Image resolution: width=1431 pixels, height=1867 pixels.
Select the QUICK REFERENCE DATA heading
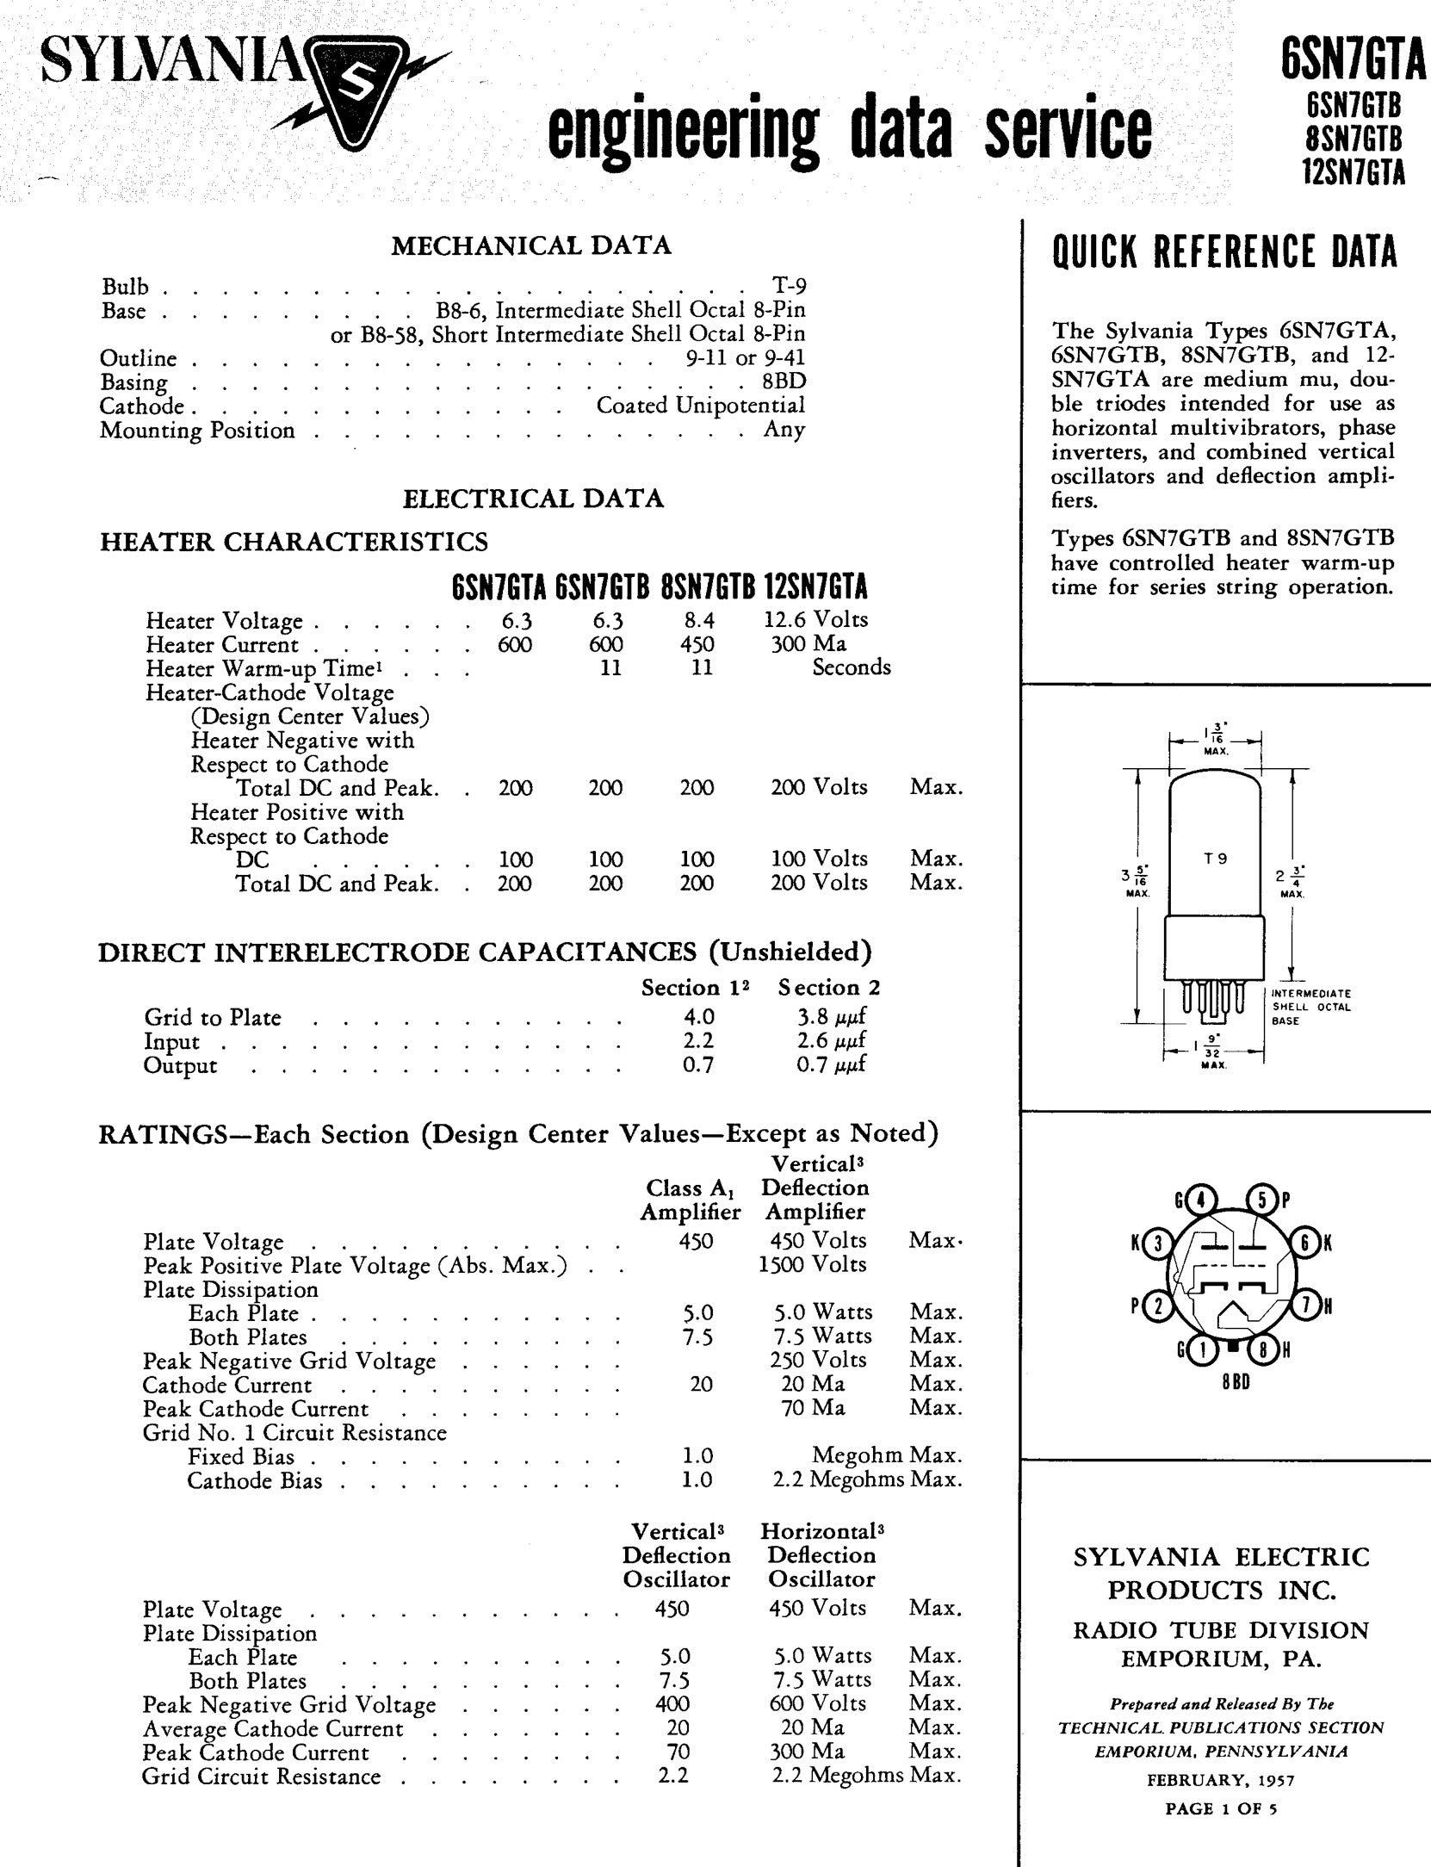[1224, 252]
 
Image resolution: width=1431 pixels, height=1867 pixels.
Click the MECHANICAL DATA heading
[531, 246]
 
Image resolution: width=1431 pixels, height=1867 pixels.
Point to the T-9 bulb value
[790, 286]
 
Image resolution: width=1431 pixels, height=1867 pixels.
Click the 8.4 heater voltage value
[697, 620]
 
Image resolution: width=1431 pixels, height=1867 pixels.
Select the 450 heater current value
[697, 644]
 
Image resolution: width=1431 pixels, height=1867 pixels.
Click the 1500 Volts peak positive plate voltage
[812, 1264]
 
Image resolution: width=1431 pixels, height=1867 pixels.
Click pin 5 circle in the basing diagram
[1261, 1200]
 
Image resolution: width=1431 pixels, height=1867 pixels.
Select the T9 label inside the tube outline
[1215, 858]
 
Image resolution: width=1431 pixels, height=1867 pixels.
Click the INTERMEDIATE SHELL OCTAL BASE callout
[1310, 1007]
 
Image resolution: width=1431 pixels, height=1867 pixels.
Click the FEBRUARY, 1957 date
[1221, 1779]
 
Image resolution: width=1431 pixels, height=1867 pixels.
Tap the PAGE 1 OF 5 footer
[1221, 1808]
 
